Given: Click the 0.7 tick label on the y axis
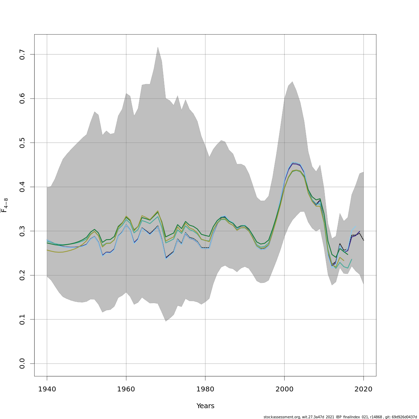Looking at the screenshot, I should pos(22,54).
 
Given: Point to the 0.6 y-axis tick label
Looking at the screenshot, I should pos(22,99).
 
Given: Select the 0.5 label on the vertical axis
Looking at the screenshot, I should pos(22,143).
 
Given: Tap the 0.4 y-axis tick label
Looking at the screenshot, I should pos(22,187).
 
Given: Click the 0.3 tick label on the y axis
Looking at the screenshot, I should pos(22,231).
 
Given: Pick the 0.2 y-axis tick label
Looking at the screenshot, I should pos(22,275).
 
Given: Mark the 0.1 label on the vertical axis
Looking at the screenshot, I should pos(22,319).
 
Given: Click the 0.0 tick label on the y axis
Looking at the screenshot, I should pos(22,363).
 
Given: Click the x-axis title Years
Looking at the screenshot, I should pos(205,406).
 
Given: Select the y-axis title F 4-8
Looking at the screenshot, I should pos(5,205).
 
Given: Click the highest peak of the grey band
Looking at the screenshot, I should pos(158,47).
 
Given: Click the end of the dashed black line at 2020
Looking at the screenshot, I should pos(364,241).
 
